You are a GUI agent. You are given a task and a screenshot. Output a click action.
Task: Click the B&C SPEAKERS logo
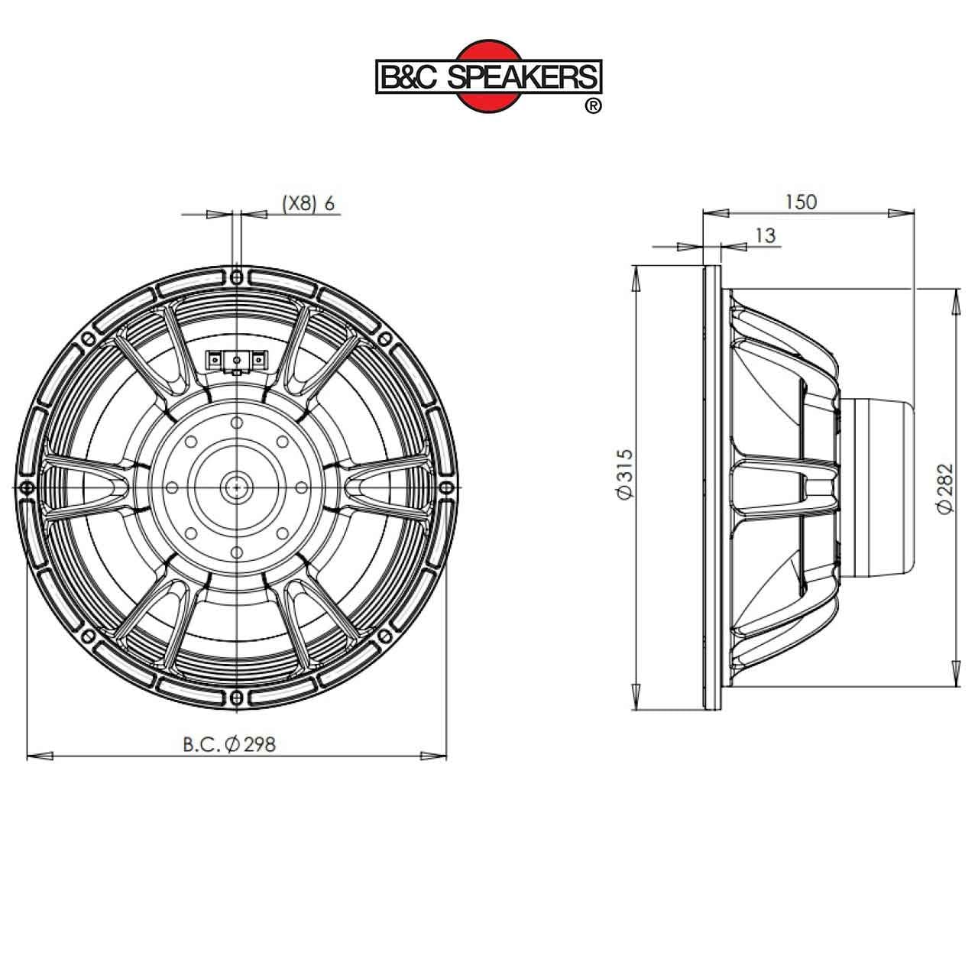pos(489,76)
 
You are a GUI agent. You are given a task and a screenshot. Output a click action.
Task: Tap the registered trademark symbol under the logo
pos(594,105)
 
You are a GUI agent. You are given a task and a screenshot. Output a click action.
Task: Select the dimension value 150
pos(802,202)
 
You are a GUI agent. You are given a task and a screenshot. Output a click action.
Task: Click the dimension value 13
pos(766,235)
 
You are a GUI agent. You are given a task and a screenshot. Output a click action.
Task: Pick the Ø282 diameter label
pos(945,488)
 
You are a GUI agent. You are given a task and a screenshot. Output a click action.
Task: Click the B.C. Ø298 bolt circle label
pos(229,744)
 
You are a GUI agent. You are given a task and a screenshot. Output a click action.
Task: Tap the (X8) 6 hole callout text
pos(309,203)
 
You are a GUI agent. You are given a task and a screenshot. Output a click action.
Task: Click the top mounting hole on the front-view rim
pos(237,277)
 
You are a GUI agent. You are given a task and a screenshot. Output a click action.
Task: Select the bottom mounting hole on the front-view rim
pos(237,697)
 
